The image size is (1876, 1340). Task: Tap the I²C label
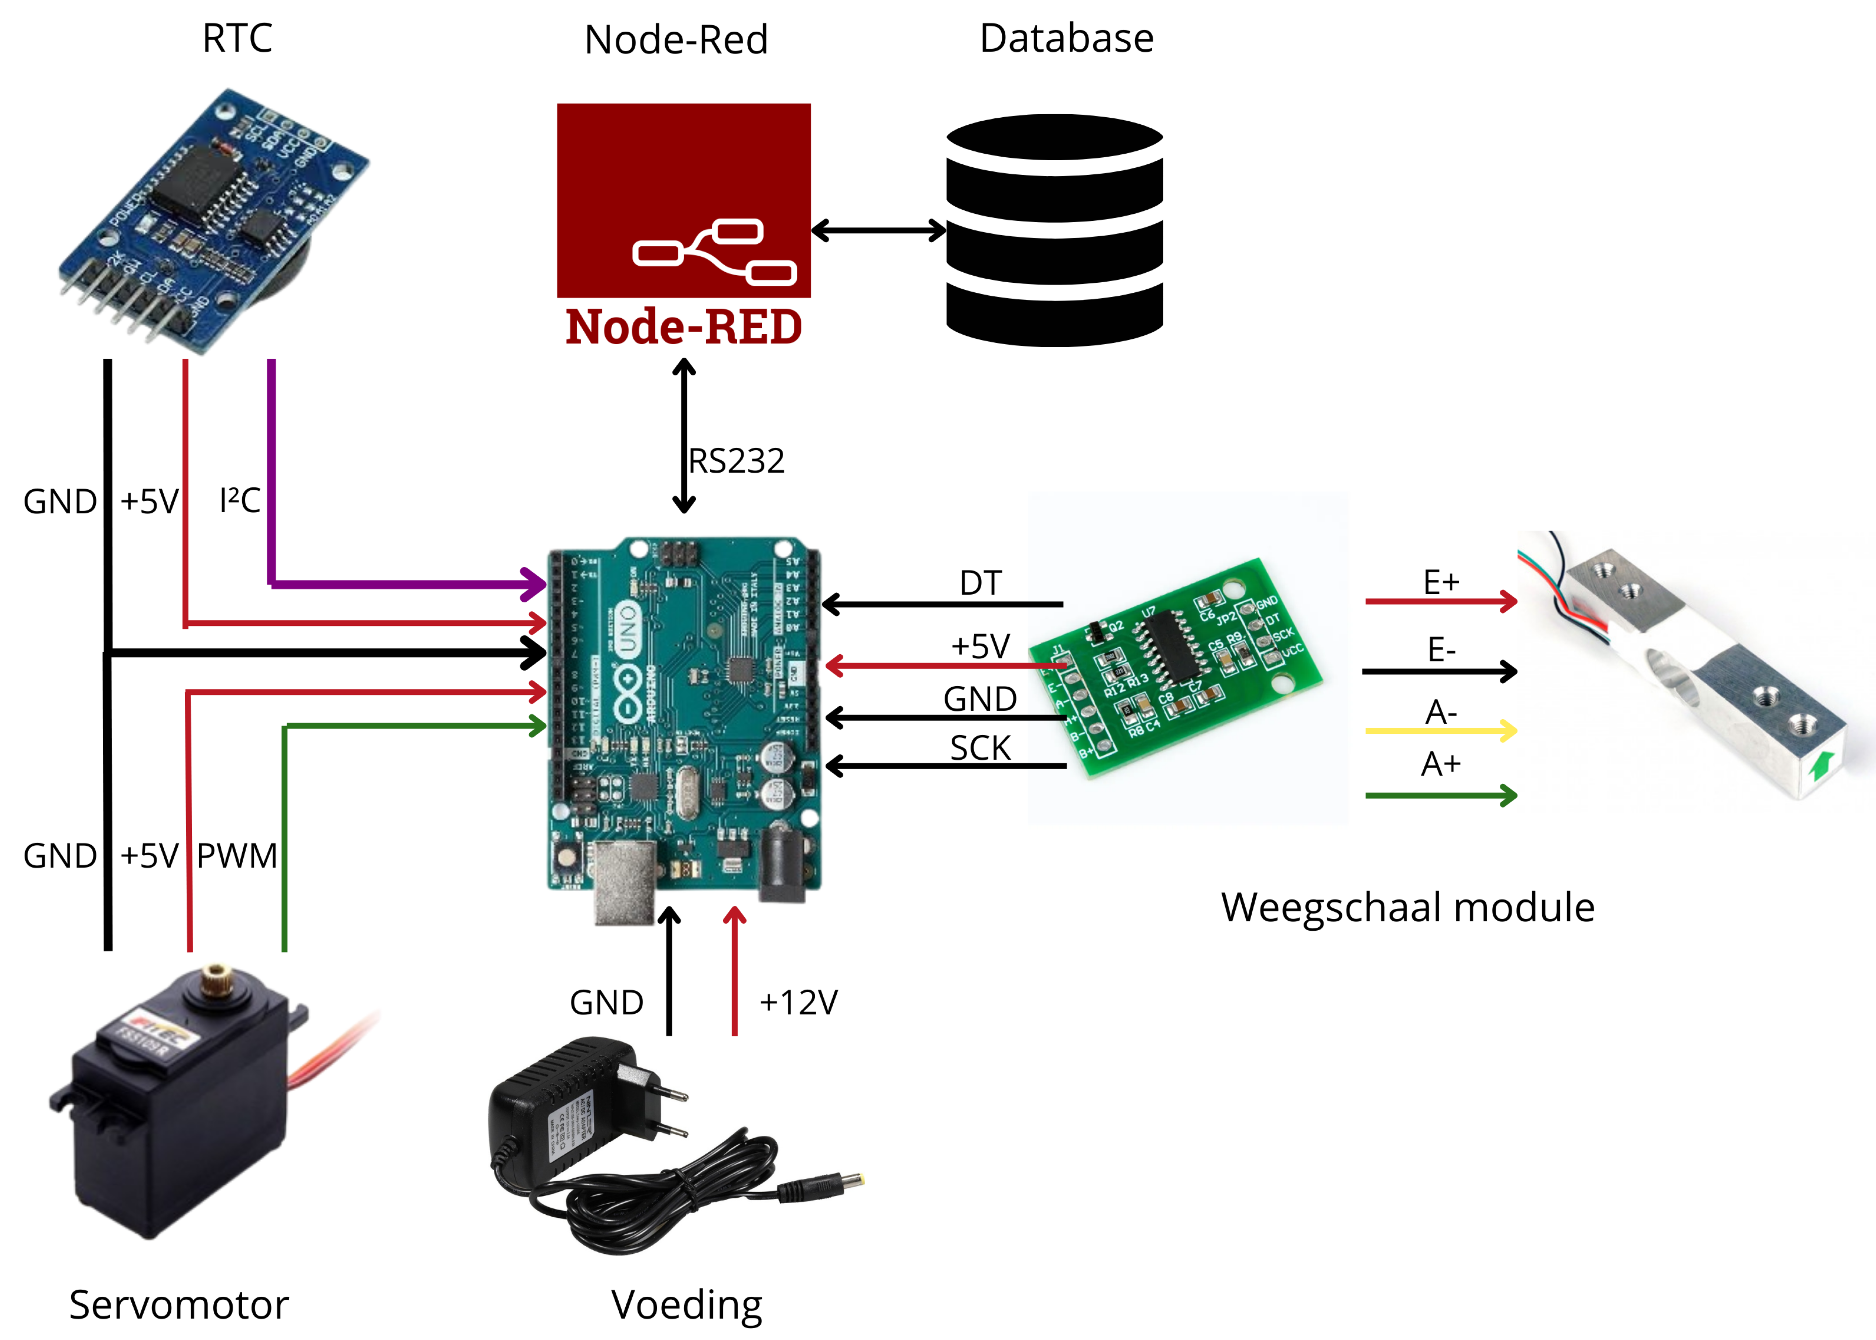click(x=239, y=500)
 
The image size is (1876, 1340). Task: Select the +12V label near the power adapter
click(x=798, y=1003)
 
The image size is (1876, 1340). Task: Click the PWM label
click(x=237, y=856)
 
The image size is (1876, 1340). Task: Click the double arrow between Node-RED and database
click(x=879, y=230)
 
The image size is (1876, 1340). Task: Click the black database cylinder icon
click(x=1054, y=231)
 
